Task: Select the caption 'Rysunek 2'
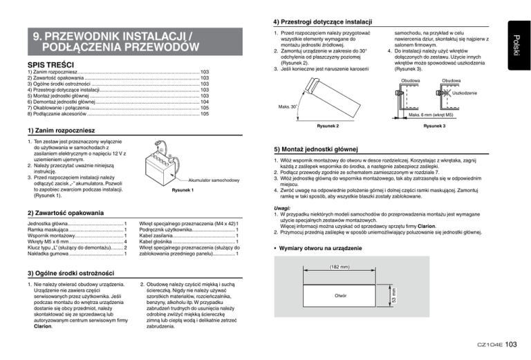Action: point(327,126)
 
